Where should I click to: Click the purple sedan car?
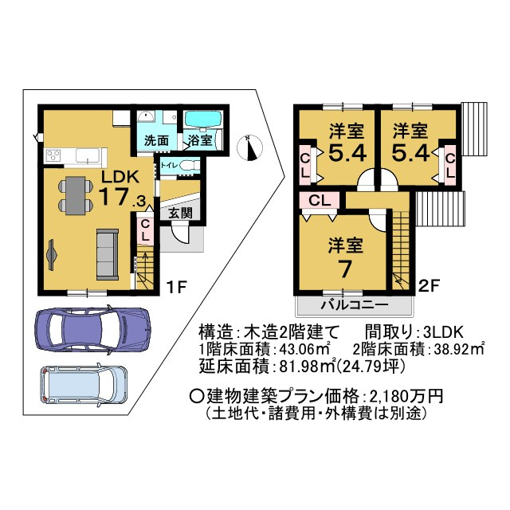tap(92, 327)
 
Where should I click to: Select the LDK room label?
tap(120, 177)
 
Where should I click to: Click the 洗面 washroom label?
tap(156, 141)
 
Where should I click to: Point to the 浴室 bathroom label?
tap(199, 141)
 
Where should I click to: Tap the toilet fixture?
tap(187, 165)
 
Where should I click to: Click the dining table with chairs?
tap(74, 194)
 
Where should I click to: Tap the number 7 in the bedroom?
tap(345, 269)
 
